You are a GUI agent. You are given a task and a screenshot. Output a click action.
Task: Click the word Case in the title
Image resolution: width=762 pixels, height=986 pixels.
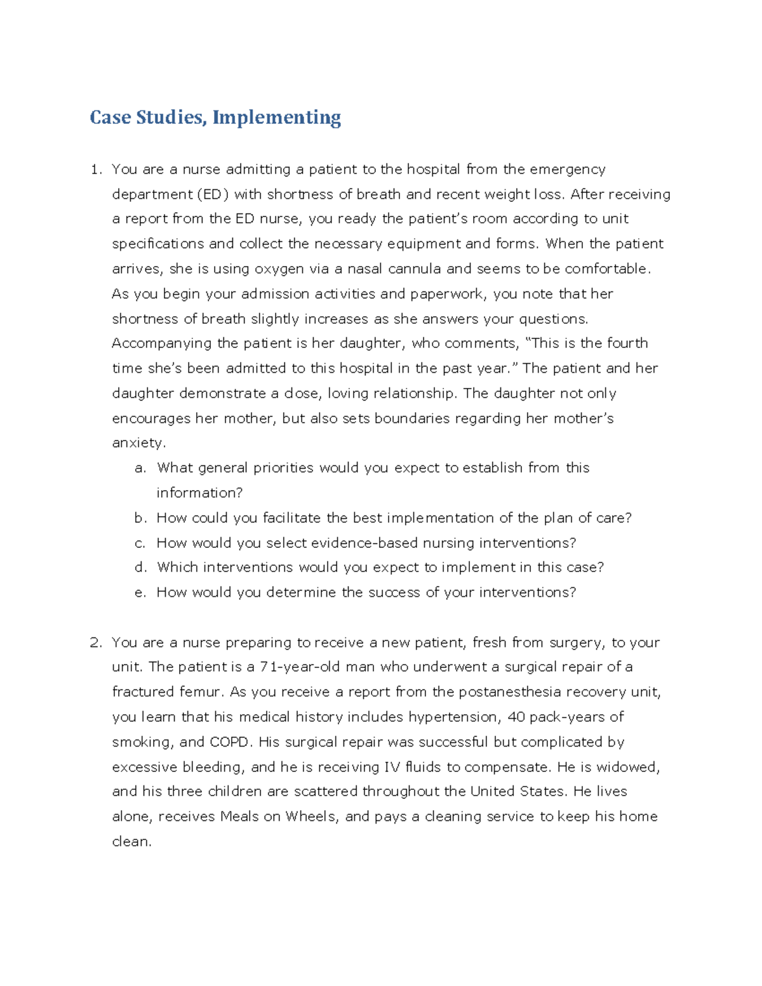110,117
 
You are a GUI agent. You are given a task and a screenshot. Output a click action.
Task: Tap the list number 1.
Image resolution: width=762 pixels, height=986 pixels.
95,170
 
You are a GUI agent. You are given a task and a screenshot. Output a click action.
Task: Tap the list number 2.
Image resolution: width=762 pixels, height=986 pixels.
95,643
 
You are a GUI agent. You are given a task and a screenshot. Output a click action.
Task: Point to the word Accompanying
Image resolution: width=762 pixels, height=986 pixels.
161,343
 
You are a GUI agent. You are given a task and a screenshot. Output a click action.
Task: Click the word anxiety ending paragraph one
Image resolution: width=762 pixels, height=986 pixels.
137,443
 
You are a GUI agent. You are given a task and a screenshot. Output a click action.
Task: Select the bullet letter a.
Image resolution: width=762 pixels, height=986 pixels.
140,468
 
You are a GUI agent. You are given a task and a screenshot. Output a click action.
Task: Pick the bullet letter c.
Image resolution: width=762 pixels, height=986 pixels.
140,543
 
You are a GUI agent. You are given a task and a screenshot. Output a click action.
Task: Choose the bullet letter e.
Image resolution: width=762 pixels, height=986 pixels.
140,592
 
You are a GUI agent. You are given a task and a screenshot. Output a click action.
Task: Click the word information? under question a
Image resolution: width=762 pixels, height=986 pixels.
199,493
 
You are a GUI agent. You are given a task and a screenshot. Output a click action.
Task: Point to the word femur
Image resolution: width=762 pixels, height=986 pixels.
200,692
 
